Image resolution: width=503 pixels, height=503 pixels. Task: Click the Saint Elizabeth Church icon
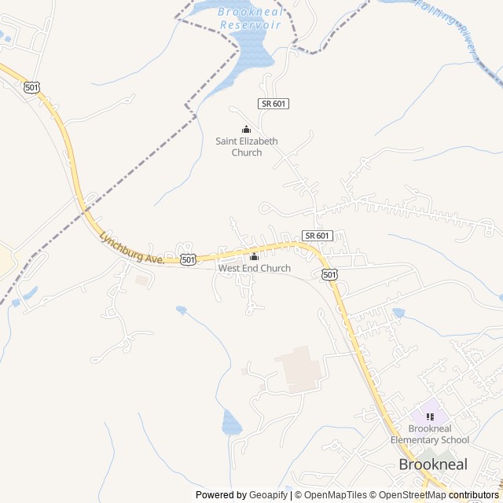246,130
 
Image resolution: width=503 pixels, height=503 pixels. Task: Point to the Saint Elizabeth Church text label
247,147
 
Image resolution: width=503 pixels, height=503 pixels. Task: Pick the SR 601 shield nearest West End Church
318,236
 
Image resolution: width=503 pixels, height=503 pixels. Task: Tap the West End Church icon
254,257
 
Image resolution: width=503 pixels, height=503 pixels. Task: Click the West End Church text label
254,269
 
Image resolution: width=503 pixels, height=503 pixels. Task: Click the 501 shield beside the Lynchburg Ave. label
188,259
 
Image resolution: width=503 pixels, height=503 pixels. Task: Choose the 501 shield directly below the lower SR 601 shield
329,274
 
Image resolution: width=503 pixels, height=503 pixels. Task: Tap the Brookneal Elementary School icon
429,417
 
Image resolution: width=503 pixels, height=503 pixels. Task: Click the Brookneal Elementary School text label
429,434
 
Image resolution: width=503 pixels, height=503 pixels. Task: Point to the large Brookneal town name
432,464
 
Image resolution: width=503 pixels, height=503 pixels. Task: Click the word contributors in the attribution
473,495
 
